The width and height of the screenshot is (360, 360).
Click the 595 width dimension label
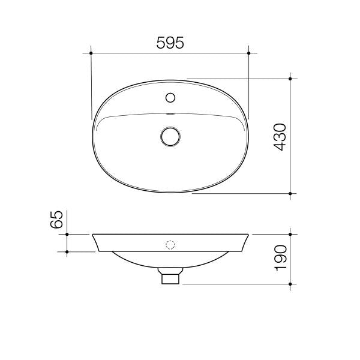click(170, 43)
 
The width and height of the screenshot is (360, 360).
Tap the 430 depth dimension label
click(280, 137)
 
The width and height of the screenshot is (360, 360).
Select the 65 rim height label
click(56, 219)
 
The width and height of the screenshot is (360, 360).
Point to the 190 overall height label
click(281, 258)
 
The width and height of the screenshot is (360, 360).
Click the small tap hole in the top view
click(170, 98)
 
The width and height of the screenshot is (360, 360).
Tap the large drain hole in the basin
click(170, 137)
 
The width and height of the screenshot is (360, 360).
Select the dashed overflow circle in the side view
click(170, 245)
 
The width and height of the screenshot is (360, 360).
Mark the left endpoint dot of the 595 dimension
click(91, 53)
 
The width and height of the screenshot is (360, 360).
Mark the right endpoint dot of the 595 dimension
click(249, 53)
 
